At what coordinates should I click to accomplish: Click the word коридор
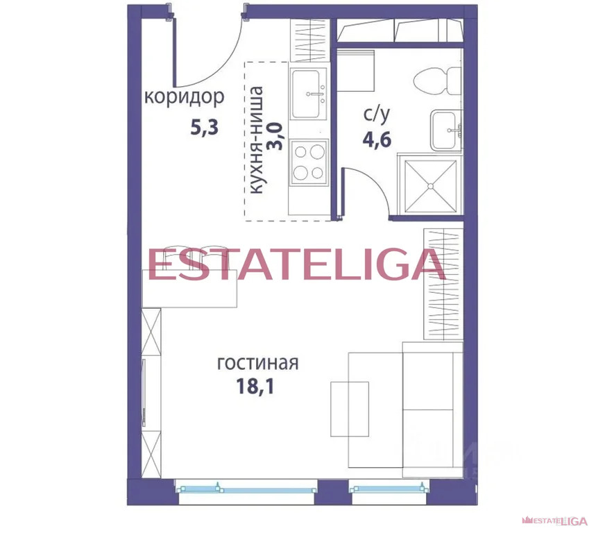tap(184, 96)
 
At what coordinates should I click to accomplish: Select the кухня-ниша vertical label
tap(256, 139)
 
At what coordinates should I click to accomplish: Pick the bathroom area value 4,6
tap(377, 139)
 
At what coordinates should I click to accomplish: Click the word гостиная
tap(257, 363)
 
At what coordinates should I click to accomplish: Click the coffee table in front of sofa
tap(350, 408)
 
